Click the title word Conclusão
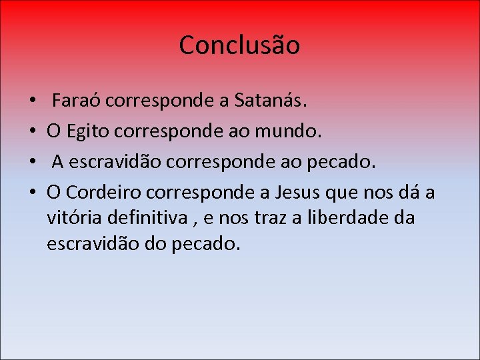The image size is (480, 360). [x=239, y=45]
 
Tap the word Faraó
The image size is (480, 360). [x=77, y=101]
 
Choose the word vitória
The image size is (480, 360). [x=73, y=218]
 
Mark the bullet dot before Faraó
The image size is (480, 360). [x=33, y=102]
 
